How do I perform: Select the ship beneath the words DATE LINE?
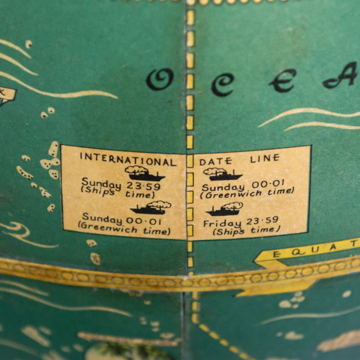222,174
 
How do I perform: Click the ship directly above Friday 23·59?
225,209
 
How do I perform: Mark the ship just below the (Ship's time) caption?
151,207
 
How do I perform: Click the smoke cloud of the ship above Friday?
232,205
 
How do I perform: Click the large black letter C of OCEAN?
222,84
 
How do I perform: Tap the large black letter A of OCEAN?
341,76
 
